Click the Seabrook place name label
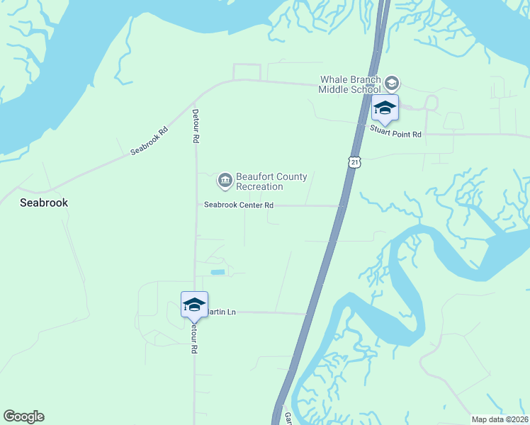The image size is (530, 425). pos(44,203)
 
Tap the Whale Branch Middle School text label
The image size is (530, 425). pos(350,84)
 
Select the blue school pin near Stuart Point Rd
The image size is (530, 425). pos(385,109)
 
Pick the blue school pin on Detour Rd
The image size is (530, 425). pos(194,305)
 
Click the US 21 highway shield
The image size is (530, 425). pos(354,162)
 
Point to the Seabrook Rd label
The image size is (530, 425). pos(150,141)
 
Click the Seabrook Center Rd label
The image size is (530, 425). pos(239,205)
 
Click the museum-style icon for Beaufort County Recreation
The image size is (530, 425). pos(225,181)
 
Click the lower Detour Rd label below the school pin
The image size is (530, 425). pos(193,339)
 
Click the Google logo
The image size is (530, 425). pos(24,416)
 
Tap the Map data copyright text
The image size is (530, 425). pos(500,419)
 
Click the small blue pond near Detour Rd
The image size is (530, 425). pos(218,272)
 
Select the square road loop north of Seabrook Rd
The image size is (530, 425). pos(247,72)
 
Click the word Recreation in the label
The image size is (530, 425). pos(259,187)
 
